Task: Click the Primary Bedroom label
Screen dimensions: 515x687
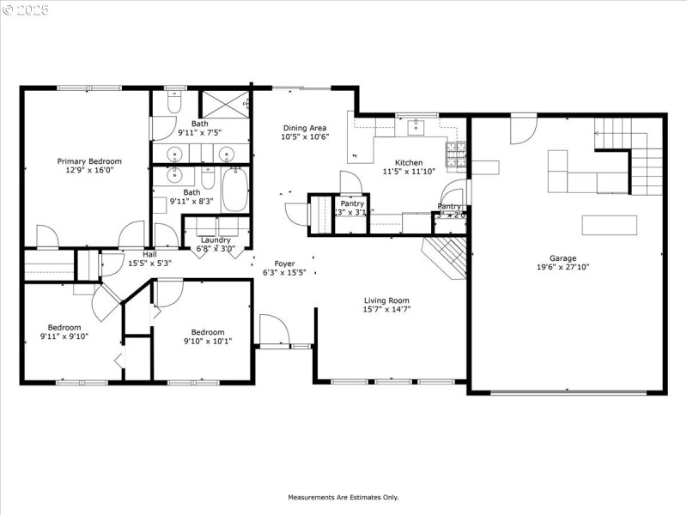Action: pyautogui.click(x=89, y=161)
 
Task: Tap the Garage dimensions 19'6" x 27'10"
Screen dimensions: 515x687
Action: pyautogui.click(x=563, y=267)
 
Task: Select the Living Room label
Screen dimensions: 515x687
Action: pyautogui.click(x=386, y=300)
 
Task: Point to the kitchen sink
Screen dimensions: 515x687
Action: pyautogui.click(x=416, y=128)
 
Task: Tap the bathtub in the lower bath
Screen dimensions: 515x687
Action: pyautogui.click(x=234, y=190)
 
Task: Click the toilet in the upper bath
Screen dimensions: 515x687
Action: pyautogui.click(x=173, y=104)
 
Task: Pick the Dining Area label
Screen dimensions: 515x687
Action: pyautogui.click(x=305, y=128)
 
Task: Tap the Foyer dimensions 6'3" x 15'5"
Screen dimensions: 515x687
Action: pyautogui.click(x=283, y=273)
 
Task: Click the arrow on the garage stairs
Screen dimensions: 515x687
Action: pyautogui.click(x=599, y=133)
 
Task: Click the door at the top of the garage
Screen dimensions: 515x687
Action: pyautogui.click(x=523, y=129)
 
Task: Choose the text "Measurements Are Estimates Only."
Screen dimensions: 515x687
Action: pyautogui.click(x=343, y=497)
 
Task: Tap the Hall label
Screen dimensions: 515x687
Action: pyautogui.click(x=149, y=254)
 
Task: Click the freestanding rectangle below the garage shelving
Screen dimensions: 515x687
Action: pyautogui.click(x=609, y=225)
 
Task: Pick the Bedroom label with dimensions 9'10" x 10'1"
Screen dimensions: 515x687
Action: pyautogui.click(x=207, y=332)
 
